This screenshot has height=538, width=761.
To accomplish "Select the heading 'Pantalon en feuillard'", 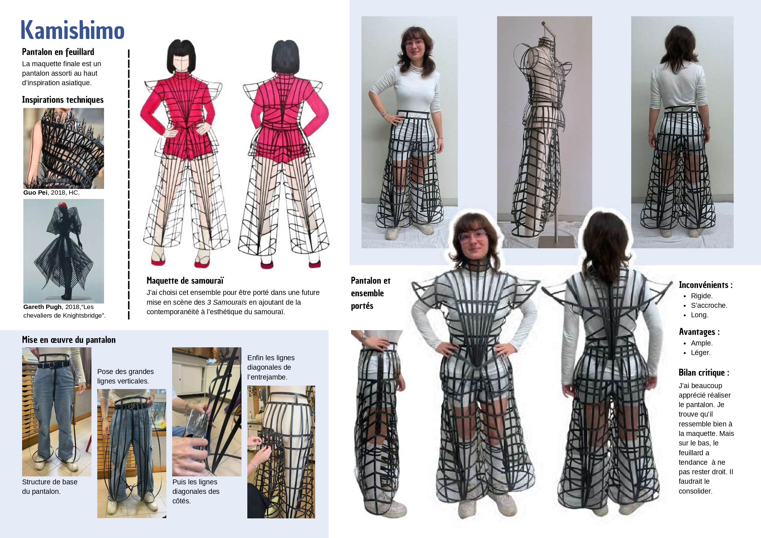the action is click(58, 52).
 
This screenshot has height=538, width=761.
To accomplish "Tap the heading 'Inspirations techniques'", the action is click(63, 100).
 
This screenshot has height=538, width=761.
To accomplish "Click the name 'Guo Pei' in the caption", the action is click(35, 193).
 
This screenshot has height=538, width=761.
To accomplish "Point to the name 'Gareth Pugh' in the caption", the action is click(42, 307).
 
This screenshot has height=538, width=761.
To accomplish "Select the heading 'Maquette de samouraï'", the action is click(185, 280).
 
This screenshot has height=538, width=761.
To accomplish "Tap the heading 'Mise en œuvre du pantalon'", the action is click(69, 340).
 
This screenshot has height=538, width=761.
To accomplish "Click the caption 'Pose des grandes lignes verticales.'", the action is click(125, 376).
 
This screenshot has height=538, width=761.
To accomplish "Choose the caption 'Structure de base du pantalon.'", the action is click(50, 486).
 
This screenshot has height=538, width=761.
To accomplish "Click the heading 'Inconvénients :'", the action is click(706, 285).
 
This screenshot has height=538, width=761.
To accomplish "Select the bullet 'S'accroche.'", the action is click(709, 305).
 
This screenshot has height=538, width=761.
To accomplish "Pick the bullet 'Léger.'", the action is click(701, 353).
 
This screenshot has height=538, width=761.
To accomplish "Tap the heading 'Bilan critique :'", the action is click(704, 373).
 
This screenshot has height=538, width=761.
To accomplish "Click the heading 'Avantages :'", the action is click(699, 332).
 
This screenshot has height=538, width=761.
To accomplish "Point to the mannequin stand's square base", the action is click(556, 242).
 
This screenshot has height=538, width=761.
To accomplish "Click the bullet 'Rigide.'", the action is click(702, 296).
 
